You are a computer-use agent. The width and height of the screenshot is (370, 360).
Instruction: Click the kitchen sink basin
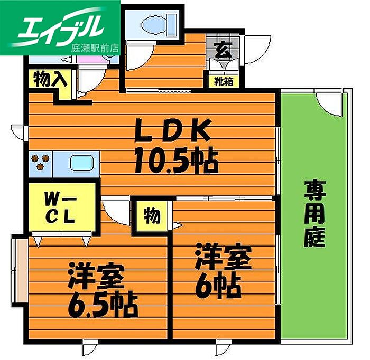[x=81, y=163]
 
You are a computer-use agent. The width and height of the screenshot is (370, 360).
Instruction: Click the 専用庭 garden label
[x=314, y=214]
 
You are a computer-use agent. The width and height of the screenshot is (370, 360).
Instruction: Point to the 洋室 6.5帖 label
[x=100, y=291]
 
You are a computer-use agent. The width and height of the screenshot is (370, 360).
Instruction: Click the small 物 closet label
[x=151, y=215]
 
